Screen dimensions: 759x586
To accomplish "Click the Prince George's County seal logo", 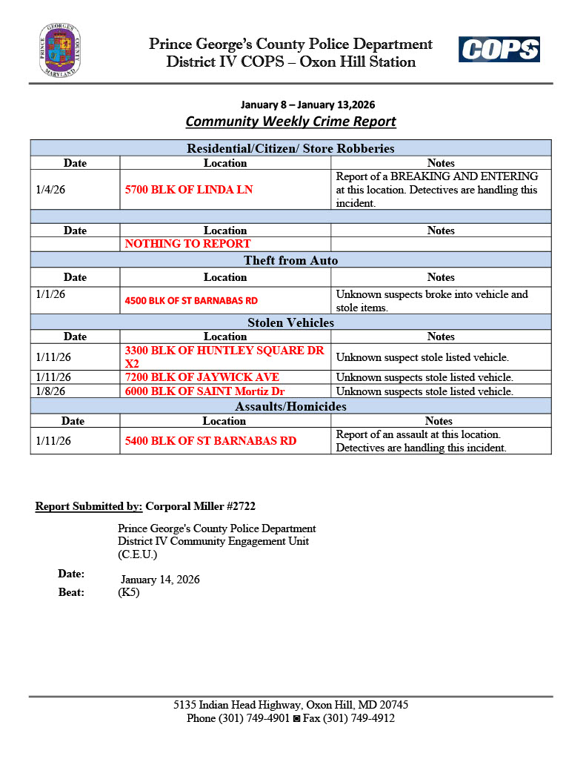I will pyautogui.click(x=60, y=51).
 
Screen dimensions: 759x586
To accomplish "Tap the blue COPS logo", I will pyautogui.click(x=499, y=50).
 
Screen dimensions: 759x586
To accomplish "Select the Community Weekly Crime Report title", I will pyautogui.click(x=290, y=122).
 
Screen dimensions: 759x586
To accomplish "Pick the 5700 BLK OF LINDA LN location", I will pyautogui.click(x=189, y=190).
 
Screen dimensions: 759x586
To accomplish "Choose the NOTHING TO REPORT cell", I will pyautogui.click(x=187, y=244).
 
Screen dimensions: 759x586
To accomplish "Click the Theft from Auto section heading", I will pyautogui.click(x=290, y=260).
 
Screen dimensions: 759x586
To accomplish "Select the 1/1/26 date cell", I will pyautogui.click(x=50, y=294).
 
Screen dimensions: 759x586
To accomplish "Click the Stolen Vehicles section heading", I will pyautogui.click(x=290, y=322).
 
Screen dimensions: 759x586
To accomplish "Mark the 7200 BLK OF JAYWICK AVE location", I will pyautogui.click(x=202, y=377).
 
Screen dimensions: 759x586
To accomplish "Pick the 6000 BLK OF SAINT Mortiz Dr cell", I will pyautogui.click(x=204, y=391).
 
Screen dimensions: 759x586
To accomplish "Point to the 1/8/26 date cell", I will pyautogui.click(x=50, y=391).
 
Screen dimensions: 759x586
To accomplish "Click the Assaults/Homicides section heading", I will pyautogui.click(x=290, y=406).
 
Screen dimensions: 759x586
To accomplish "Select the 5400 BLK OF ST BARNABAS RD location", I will pyautogui.click(x=210, y=441).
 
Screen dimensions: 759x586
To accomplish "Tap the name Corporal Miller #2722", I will pyautogui.click(x=201, y=507).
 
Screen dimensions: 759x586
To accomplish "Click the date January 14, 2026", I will pyautogui.click(x=160, y=580).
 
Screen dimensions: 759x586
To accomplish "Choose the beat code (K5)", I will pyautogui.click(x=129, y=592).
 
